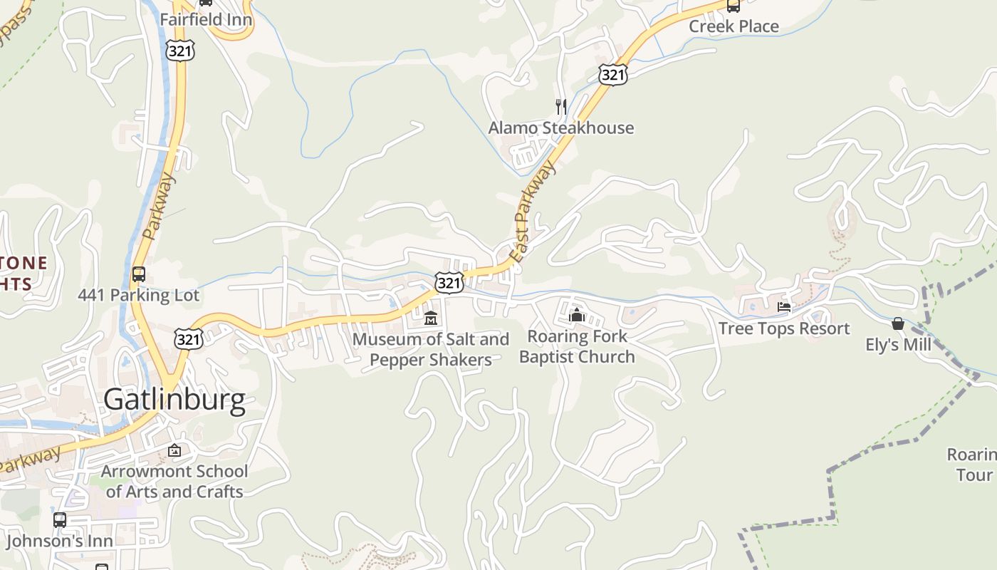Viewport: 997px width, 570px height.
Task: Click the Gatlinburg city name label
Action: tap(174, 400)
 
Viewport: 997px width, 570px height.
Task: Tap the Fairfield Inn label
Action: tap(206, 19)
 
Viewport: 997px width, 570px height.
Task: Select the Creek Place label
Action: tap(734, 26)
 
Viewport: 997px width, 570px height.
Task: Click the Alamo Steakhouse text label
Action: tap(560, 128)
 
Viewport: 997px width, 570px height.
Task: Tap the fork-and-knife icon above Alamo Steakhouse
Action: tap(561, 107)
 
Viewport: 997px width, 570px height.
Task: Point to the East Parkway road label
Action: tap(533, 211)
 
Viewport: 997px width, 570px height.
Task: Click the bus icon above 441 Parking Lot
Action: tap(139, 274)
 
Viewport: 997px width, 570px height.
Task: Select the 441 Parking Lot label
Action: tap(138, 295)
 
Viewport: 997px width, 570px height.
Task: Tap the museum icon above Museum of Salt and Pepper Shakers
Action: tap(430, 318)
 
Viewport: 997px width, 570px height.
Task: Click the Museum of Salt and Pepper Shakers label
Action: tap(431, 349)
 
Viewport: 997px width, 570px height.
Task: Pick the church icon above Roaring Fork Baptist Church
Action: tap(577, 315)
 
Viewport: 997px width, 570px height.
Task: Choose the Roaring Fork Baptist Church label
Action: tap(577, 346)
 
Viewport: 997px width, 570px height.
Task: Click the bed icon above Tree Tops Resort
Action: tap(784, 307)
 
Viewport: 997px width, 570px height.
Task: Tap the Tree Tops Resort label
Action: tap(784, 328)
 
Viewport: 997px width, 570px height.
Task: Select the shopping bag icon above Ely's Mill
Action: tap(898, 324)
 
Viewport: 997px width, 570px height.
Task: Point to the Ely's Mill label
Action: tap(898, 345)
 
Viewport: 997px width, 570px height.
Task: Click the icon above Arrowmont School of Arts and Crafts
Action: tap(174, 450)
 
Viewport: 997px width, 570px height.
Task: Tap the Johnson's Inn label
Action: tap(60, 541)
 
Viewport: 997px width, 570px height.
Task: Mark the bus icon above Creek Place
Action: tap(733, 6)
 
